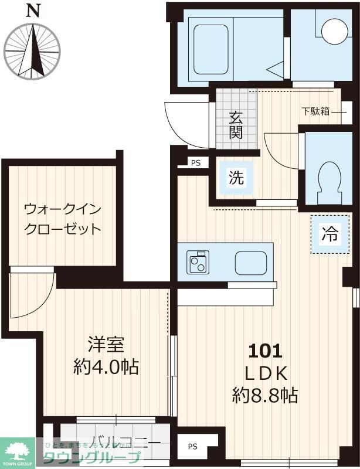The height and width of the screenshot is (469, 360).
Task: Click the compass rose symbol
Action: [32, 50]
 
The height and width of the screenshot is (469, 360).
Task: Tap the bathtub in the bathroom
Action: [210, 49]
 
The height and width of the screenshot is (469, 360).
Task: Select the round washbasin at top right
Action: [335, 31]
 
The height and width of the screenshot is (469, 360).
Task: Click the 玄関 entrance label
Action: [236, 124]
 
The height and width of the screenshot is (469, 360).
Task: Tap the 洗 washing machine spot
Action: [236, 177]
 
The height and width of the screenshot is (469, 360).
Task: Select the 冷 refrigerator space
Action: [329, 234]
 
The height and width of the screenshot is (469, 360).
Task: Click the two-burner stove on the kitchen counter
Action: [198, 262]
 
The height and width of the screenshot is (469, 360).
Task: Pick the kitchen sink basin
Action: [251, 263]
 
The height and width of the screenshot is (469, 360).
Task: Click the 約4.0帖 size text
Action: [106, 367]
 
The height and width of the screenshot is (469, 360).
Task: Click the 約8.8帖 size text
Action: [265, 395]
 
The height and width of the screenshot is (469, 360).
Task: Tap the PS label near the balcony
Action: [193, 447]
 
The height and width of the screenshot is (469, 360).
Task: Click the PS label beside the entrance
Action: [195, 163]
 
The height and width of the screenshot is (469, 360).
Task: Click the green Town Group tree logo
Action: [18, 450]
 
